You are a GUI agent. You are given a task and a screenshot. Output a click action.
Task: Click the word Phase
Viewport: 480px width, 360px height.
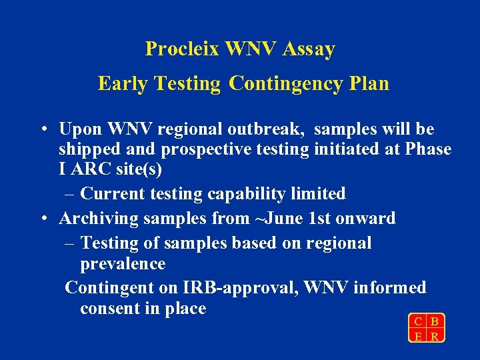coord(427,150)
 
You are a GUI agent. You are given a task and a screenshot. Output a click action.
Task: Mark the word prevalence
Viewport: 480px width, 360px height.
coord(123,264)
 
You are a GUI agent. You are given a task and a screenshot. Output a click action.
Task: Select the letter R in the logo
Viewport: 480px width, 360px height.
coord(435,337)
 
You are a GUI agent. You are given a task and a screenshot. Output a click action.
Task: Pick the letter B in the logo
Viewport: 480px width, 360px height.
coord(435,323)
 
